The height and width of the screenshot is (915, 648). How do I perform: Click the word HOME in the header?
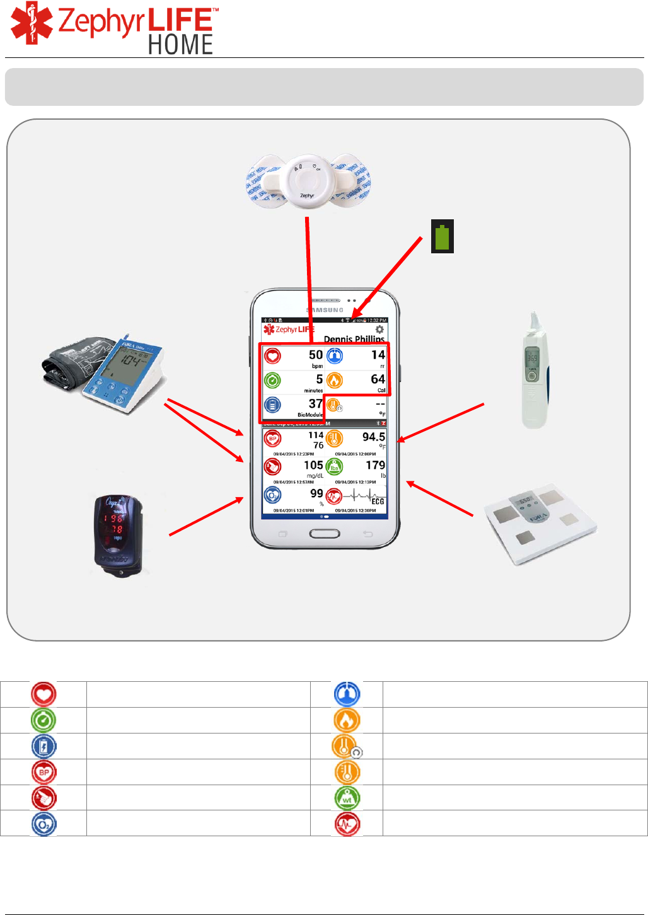coord(180,45)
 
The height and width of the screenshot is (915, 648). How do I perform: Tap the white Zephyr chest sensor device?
coord(306,183)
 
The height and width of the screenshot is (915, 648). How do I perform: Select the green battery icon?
coord(443,237)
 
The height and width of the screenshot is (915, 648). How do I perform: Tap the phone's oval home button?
coord(325,534)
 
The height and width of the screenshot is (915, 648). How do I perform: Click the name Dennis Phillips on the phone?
coord(354,339)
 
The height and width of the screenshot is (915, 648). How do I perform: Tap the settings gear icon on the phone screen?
coord(379,330)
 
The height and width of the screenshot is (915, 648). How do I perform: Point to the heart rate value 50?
coord(315,355)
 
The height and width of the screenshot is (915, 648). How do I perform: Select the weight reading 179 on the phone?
coord(375,465)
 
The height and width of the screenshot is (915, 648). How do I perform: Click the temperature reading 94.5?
coord(373,437)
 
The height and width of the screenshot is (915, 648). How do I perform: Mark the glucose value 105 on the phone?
coord(313,465)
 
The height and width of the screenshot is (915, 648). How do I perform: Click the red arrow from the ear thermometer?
coord(441,422)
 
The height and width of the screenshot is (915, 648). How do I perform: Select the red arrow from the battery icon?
coord(387,277)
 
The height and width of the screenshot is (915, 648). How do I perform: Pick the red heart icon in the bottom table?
coord(43,694)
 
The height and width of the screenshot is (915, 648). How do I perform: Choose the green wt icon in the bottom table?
coord(347,797)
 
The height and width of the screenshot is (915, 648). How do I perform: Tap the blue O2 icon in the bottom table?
coord(43,824)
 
